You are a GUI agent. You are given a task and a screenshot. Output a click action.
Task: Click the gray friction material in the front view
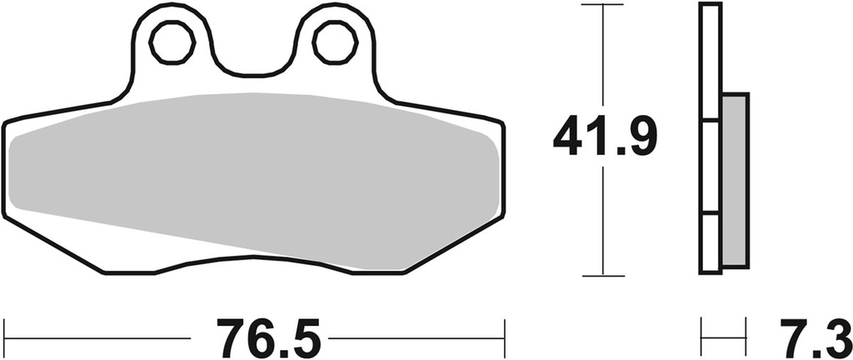pyautogui.click(x=250, y=175)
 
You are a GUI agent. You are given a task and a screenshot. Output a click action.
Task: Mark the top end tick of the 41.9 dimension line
pyautogui.click(x=602, y=5)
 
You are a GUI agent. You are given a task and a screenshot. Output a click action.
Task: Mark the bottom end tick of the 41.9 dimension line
pyautogui.click(x=602, y=275)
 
